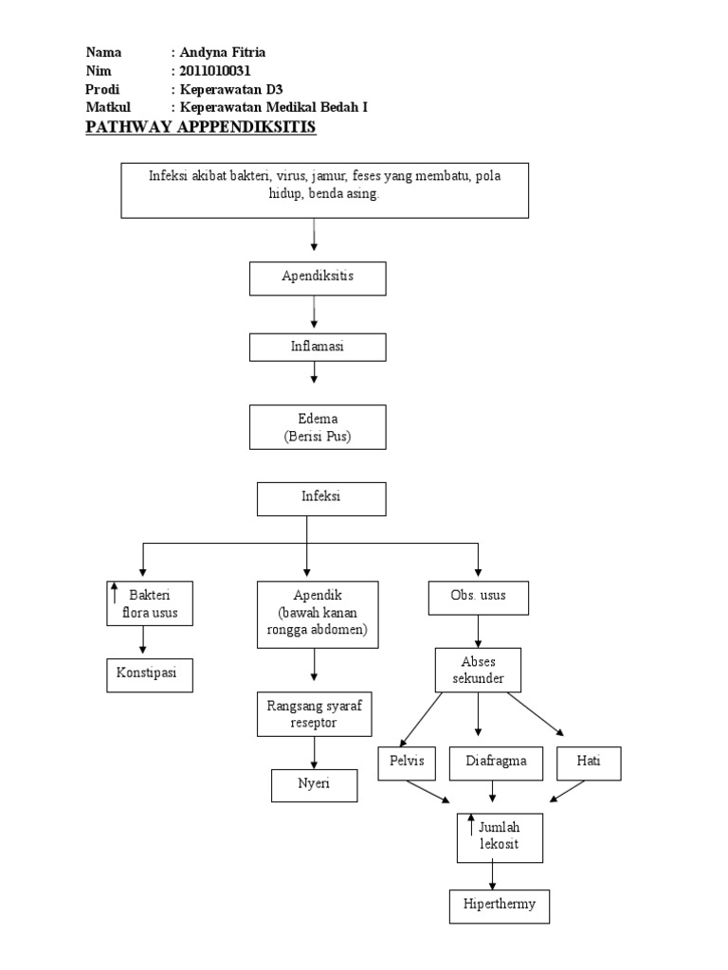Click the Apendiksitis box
(318, 278)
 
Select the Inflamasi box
(318, 347)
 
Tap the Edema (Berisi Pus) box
(318, 427)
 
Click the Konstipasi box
(149, 674)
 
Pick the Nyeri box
(314, 785)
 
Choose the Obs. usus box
(477, 599)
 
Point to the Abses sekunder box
(478, 670)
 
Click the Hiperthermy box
(499, 905)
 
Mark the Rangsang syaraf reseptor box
(313, 714)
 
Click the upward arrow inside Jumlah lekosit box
(471, 824)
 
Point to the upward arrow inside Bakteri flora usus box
(116, 595)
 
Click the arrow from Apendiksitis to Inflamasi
(314, 314)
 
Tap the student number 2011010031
(216, 71)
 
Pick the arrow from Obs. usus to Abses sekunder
(478, 631)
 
